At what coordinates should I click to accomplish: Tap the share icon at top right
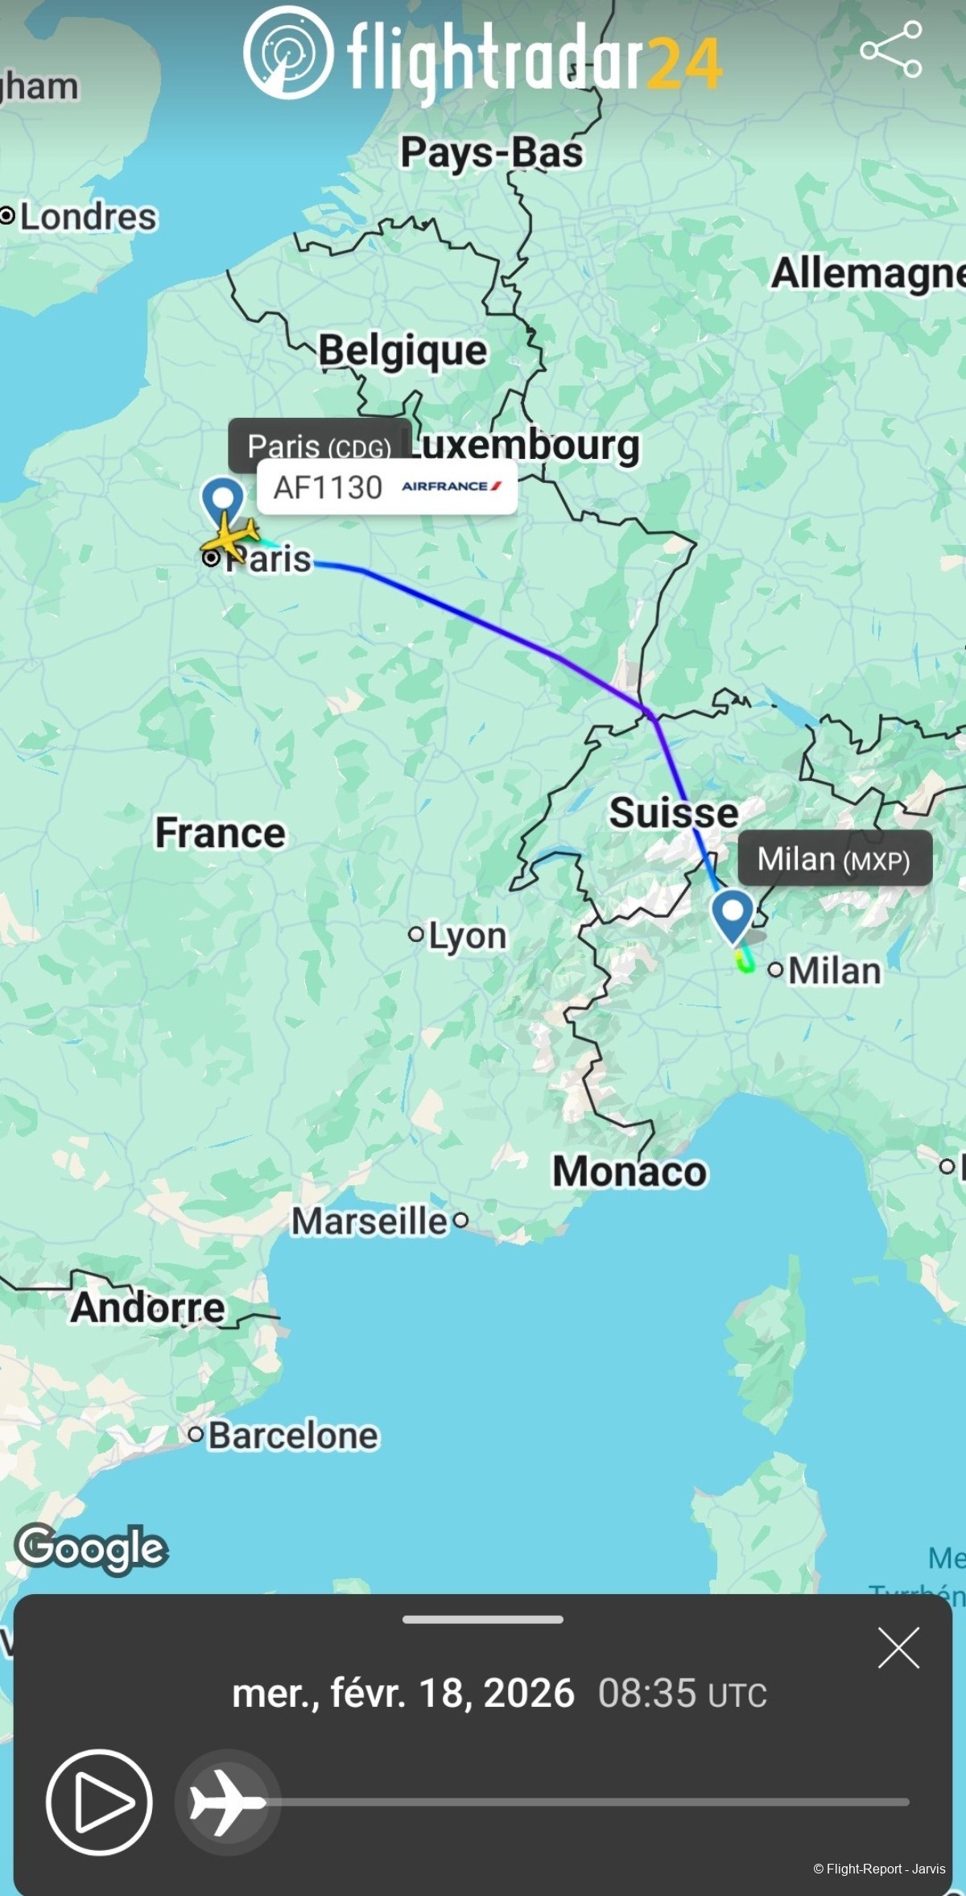click(891, 50)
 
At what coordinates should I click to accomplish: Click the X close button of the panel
click(898, 1647)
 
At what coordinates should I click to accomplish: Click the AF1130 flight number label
click(328, 487)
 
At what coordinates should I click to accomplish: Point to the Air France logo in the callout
click(452, 486)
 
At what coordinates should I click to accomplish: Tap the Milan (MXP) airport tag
click(834, 859)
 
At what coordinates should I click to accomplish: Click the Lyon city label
click(467, 936)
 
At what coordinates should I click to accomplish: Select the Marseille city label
click(369, 1221)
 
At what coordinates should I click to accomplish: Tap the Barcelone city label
click(293, 1435)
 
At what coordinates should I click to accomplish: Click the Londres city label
click(88, 217)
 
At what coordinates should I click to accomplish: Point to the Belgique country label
click(402, 351)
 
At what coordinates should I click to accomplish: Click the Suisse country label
click(673, 812)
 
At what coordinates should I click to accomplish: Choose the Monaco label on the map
click(630, 1171)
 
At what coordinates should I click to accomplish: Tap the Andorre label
click(147, 1307)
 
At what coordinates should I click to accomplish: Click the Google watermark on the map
click(91, 1547)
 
